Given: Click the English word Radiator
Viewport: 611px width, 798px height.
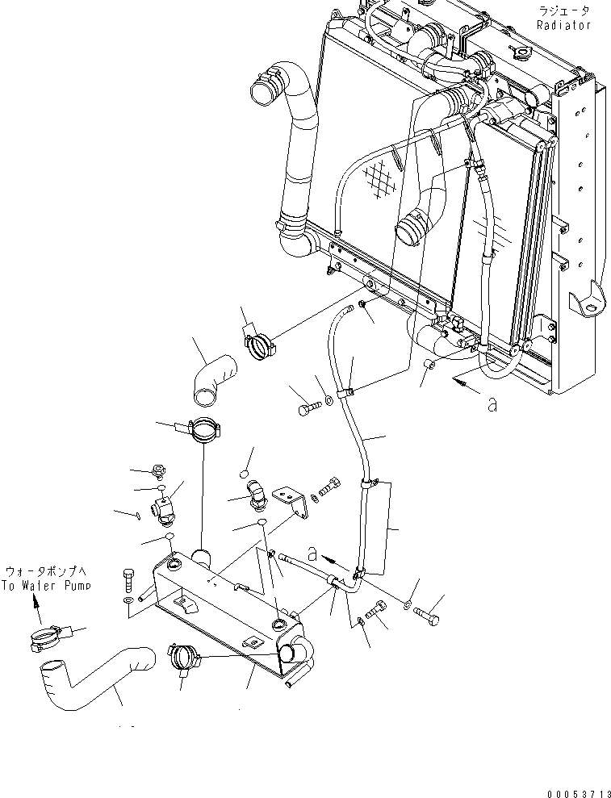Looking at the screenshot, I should coord(563,25).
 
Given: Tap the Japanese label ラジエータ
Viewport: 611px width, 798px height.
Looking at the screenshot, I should coord(563,10).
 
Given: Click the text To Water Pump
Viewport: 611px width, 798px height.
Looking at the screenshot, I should coord(46,586).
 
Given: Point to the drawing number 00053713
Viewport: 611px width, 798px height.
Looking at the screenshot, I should coord(575,789).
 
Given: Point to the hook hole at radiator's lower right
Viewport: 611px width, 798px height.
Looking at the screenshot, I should coord(591,306).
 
